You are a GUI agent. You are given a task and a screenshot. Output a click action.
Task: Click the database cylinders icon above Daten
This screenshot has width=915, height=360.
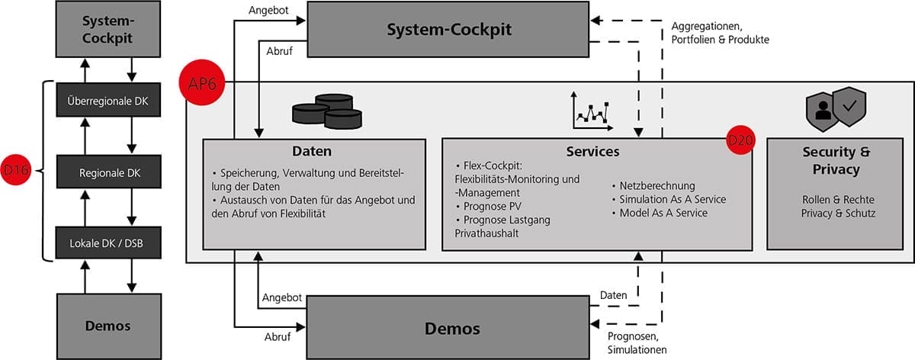[x=327, y=111]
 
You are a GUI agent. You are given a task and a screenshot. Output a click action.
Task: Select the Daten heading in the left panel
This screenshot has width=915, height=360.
[x=313, y=152]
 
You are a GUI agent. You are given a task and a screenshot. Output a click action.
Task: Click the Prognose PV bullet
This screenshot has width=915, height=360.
[x=488, y=206]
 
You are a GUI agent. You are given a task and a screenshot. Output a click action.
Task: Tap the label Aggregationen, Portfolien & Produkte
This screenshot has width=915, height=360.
[x=721, y=32]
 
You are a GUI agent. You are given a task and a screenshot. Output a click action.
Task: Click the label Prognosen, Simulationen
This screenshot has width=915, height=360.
[x=637, y=342]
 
